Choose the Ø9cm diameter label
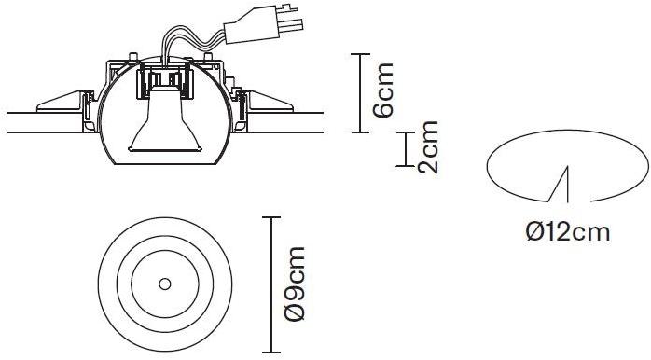pyautogui.click(x=295, y=285)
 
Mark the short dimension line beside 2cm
pyautogui.click(x=407, y=148)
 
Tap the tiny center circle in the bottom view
pyautogui.click(x=164, y=283)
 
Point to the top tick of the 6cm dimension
pyautogui.click(x=361, y=55)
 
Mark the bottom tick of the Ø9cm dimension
pyautogui.click(x=271, y=352)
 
